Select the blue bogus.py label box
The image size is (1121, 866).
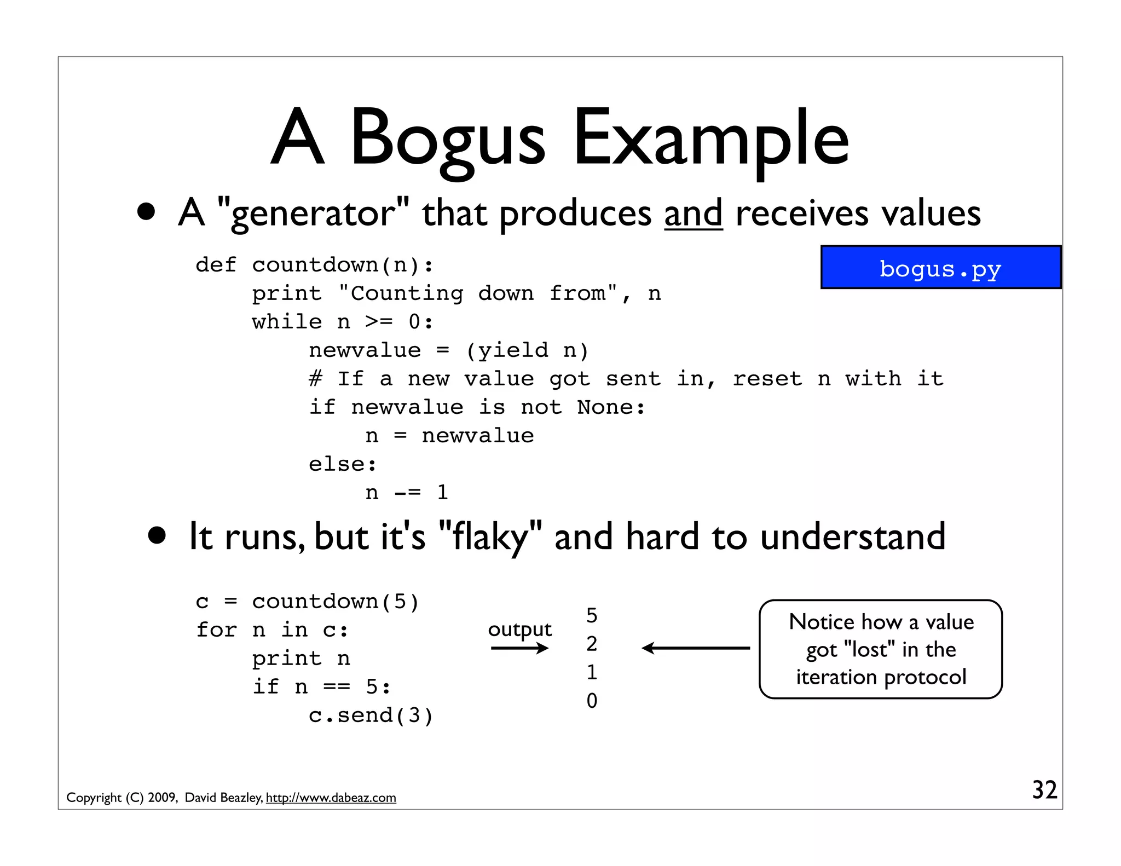(x=940, y=268)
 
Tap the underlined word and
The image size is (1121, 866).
(x=694, y=213)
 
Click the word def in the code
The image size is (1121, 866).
(x=216, y=265)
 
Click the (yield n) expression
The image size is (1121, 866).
(x=527, y=350)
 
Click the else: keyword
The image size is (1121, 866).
(x=343, y=464)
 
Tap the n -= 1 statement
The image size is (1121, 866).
(x=407, y=493)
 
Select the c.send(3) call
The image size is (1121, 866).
(x=371, y=715)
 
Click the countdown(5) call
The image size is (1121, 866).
(x=336, y=602)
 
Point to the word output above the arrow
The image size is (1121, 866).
(x=519, y=630)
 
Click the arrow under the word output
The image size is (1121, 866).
(x=519, y=649)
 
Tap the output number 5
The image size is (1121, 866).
(x=592, y=616)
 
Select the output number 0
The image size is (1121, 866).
(x=592, y=701)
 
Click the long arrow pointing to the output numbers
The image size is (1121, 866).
(x=696, y=648)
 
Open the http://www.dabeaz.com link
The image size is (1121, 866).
(x=331, y=798)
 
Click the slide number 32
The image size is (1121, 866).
(x=1044, y=790)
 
